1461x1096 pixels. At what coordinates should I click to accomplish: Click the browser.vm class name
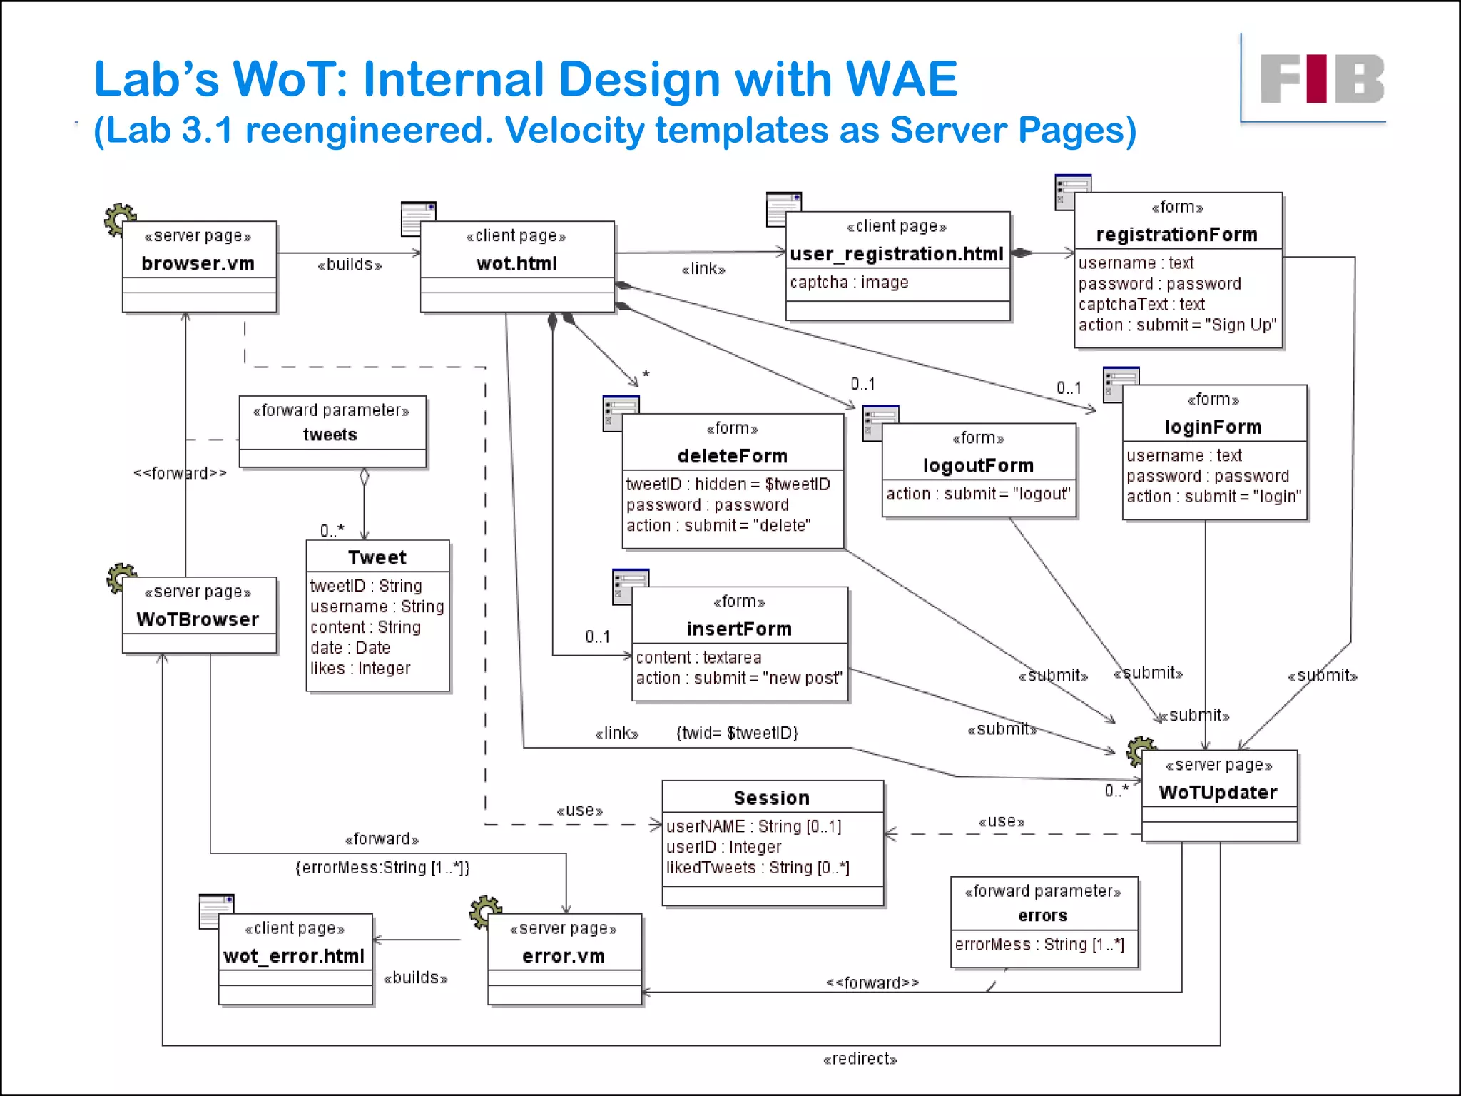198,264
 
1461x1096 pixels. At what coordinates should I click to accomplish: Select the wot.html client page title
516,264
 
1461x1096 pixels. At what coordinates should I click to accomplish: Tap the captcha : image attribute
849,283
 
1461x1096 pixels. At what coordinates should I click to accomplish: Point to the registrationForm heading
1176,235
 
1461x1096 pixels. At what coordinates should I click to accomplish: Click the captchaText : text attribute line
1141,305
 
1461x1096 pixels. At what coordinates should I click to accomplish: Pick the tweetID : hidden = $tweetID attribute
728,484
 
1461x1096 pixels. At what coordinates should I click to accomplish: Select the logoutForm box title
978,466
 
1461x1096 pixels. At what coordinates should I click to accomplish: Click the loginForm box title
1213,427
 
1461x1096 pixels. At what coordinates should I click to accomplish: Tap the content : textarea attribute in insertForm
698,658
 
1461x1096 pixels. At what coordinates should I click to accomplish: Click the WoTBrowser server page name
198,619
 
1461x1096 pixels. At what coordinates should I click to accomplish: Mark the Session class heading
771,798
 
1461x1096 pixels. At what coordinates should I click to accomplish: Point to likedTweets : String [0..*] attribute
758,868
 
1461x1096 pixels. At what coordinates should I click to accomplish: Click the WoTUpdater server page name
1218,793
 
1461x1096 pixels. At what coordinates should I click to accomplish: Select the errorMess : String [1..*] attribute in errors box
1039,945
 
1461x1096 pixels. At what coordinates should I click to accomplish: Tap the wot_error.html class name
294,956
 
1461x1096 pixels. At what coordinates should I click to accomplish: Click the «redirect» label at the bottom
860,1059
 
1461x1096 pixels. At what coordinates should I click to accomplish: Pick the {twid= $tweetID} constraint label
737,734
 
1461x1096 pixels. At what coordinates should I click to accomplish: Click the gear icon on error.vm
484,910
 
